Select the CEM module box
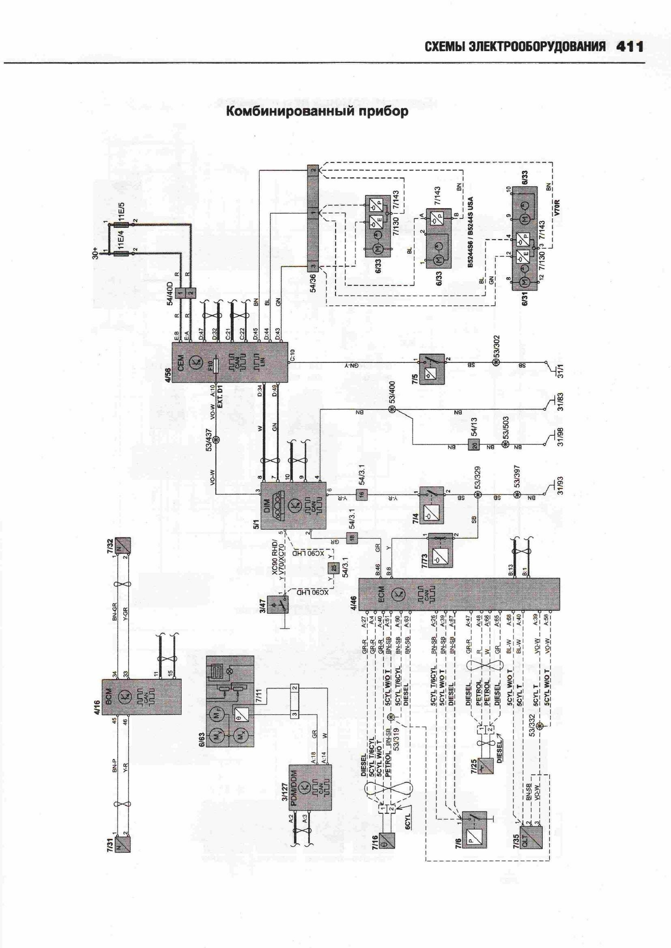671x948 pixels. pyautogui.click(x=230, y=362)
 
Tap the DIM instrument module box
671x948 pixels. pyautogui.click(x=294, y=505)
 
